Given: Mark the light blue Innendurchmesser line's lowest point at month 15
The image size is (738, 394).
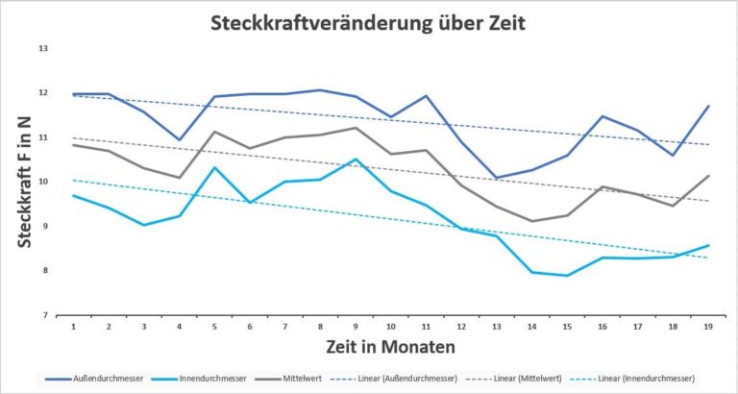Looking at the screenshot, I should pos(568,276).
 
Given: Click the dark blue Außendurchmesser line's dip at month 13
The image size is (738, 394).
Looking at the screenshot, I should pos(498,178).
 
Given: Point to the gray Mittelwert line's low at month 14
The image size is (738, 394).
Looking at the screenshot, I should pos(532,221).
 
